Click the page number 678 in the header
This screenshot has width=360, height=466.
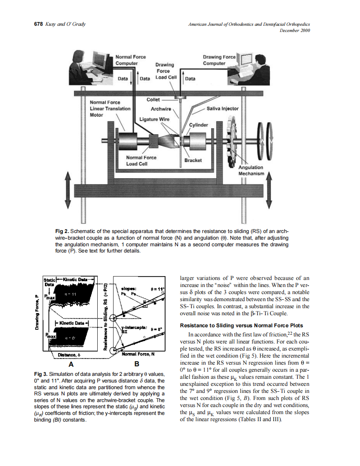coord(38,24)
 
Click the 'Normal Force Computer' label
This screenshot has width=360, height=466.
coord(130,60)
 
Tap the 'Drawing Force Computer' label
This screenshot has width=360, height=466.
coord(219,60)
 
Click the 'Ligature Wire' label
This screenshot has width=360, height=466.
coord(154,119)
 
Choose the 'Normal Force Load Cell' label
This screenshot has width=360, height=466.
coord(141,160)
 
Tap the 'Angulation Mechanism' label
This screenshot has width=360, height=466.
coord(251,170)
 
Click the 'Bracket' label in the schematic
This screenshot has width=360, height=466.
coord(193,160)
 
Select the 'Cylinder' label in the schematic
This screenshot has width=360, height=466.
coord(199,125)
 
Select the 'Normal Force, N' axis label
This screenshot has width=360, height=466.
coord(138,354)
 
